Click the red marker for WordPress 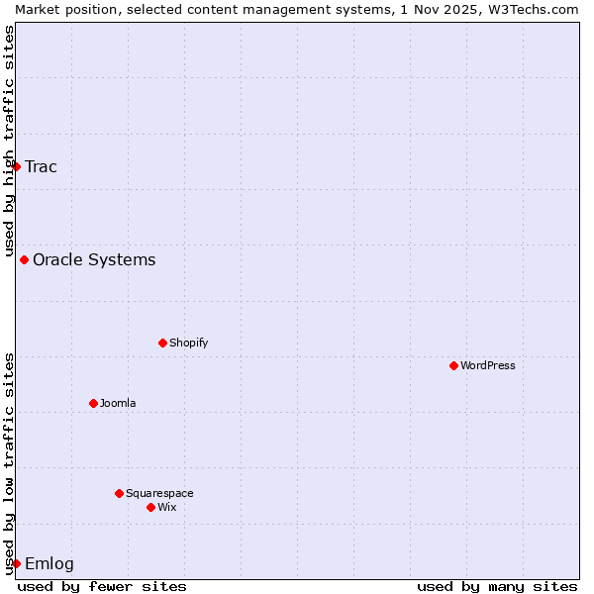click(x=453, y=365)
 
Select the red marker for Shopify click(x=162, y=343)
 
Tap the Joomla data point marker click(x=93, y=403)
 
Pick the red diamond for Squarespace click(x=119, y=493)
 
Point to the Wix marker click(x=150, y=507)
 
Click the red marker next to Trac click(x=16, y=166)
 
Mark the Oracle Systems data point click(x=24, y=259)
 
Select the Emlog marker click(x=16, y=563)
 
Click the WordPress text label click(x=488, y=365)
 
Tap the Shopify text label click(x=189, y=343)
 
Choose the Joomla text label click(x=118, y=403)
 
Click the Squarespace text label click(x=159, y=493)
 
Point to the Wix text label click(x=167, y=507)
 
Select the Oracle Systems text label click(x=94, y=259)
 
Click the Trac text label click(x=42, y=166)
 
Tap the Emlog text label click(x=49, y=563)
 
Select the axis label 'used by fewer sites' click(x=102, y=586)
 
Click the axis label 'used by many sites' click(x=497, y=586)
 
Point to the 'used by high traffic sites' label click(x=9, y=141)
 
